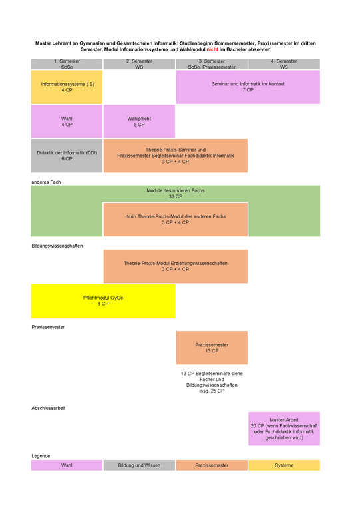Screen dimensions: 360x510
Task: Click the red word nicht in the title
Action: pyautogui.click(x=212, y=49)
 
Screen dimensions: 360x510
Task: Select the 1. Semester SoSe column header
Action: pyautogui.click(x=67, y=64)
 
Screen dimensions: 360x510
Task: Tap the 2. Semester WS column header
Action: pyautogui.click(x=139, y=64)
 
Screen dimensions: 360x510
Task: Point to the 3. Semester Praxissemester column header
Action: pyautogui.click(x=212, y=64)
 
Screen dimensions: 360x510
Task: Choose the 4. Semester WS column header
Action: pyautogui.click(x=284, y=64)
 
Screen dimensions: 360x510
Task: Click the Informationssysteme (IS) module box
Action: pyautogui.click(x=67, y=87)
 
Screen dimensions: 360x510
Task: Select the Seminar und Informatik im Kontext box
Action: pyautogui.click(x=248, y=87)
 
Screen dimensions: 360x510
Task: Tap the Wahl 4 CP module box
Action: pyautogui.click(x=67, y=121)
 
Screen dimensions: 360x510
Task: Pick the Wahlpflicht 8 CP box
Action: pyautogui.click(x=139, y=121)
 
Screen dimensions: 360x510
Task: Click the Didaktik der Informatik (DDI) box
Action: pyautogui.click(x=67, y=156)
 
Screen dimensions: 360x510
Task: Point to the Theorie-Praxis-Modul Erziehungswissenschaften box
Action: pyautogui.click(x=176, y=266)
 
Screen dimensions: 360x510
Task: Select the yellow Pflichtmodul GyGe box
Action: pyautogui.click(x=103, y=301)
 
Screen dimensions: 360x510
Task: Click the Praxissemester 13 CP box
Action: pyautogui.click(x=212, y=348)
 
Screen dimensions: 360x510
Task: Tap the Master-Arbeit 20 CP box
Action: pyautogui.click(x=284, y=429)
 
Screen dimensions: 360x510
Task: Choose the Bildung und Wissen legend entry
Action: pyautogui.click(x=139, y=465)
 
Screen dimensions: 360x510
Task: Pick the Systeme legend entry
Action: pyautogui.click(x=284, y=465)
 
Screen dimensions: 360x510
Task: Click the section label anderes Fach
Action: pyautogui.click(x=46, y=182)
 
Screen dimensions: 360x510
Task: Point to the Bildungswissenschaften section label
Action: pyautogui.click(x=57, y=246)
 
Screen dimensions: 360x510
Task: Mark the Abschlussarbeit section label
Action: pyautogui.click(x=49, y=408)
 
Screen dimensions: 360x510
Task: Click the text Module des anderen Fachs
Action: pyautogui.click(x=176, y=190)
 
